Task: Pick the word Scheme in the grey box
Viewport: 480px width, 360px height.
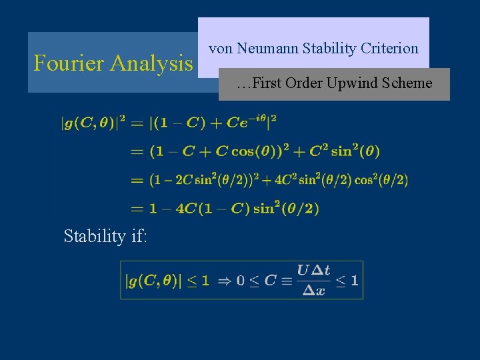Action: coord(407,83)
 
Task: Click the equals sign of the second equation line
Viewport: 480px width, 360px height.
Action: coord(137,152)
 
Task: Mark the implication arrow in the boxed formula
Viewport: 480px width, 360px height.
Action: coord(225,281)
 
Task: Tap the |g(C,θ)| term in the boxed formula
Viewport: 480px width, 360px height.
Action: coord(153,281)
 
